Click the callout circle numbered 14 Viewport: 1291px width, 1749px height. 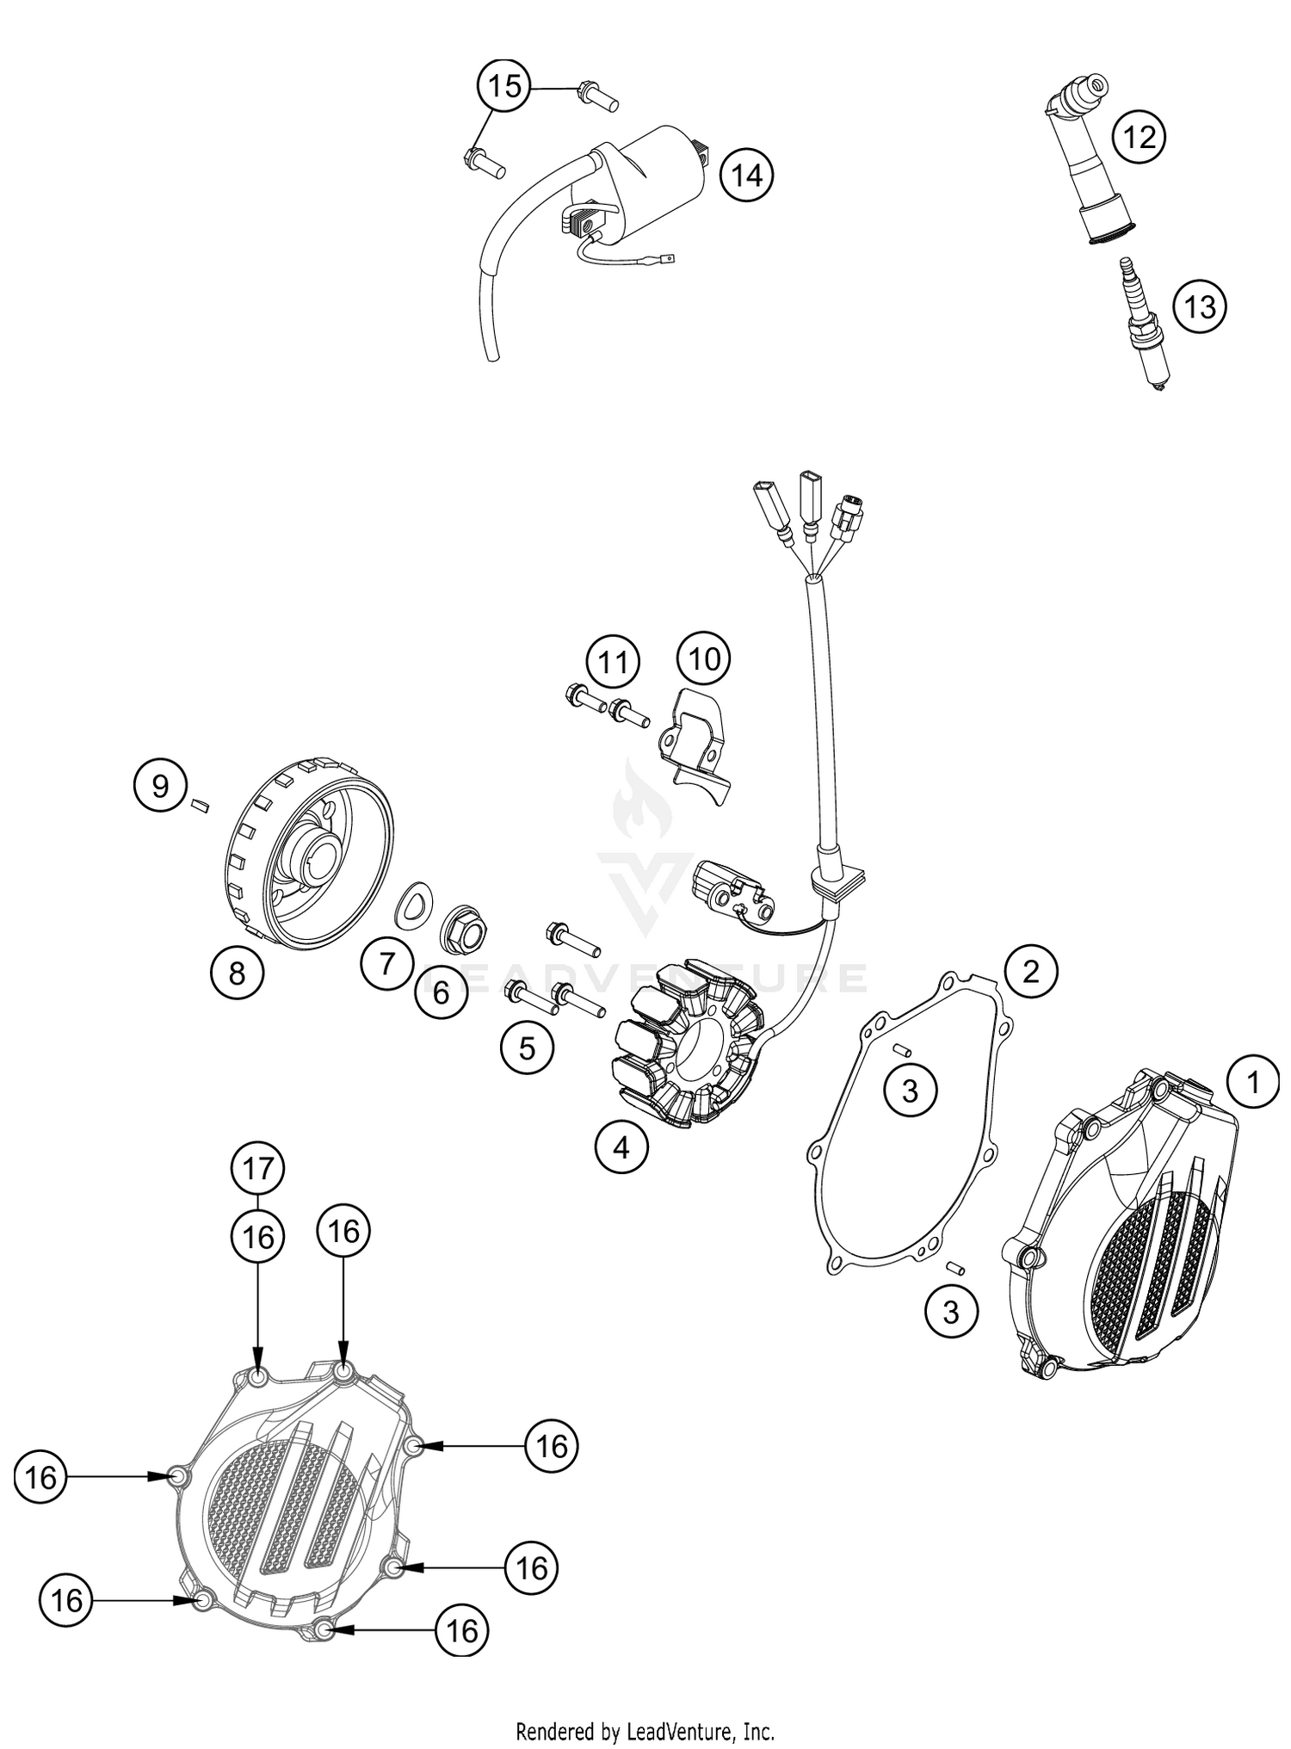pos(746,176)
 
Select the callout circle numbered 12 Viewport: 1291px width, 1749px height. pos(1140,137)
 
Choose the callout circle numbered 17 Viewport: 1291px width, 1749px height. pos(258,1168)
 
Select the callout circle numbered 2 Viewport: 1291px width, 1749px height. pos(1030,972)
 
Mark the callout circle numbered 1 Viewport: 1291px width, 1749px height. pos(1253,1081)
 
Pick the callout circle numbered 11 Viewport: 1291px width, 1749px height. pos(614,663)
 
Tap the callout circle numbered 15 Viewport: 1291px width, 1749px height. pos(504,86)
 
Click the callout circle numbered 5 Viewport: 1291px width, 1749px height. pos(527,1048)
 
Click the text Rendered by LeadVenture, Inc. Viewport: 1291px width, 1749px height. pos(645,1729)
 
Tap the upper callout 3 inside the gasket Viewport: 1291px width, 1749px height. pos(910,1091)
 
